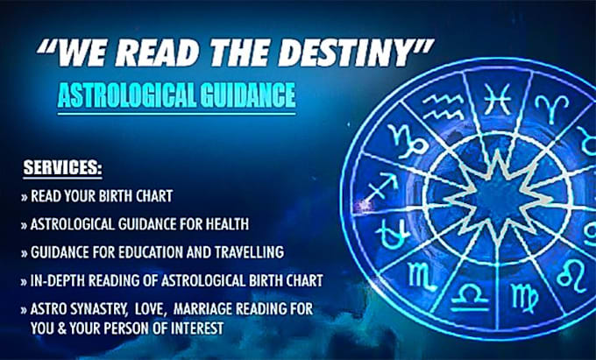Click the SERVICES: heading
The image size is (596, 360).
tap(63, 167)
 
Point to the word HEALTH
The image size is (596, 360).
tap(227, 224)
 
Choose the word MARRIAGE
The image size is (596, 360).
tap(202, 309)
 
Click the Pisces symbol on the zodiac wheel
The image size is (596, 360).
tap(497, 100)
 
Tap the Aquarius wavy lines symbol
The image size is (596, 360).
tap(443, 107)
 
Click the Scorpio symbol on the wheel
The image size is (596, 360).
tap(422, 277)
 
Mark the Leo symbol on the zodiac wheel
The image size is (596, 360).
tap(573, 276)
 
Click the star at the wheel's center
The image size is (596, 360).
tap(498, 198)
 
